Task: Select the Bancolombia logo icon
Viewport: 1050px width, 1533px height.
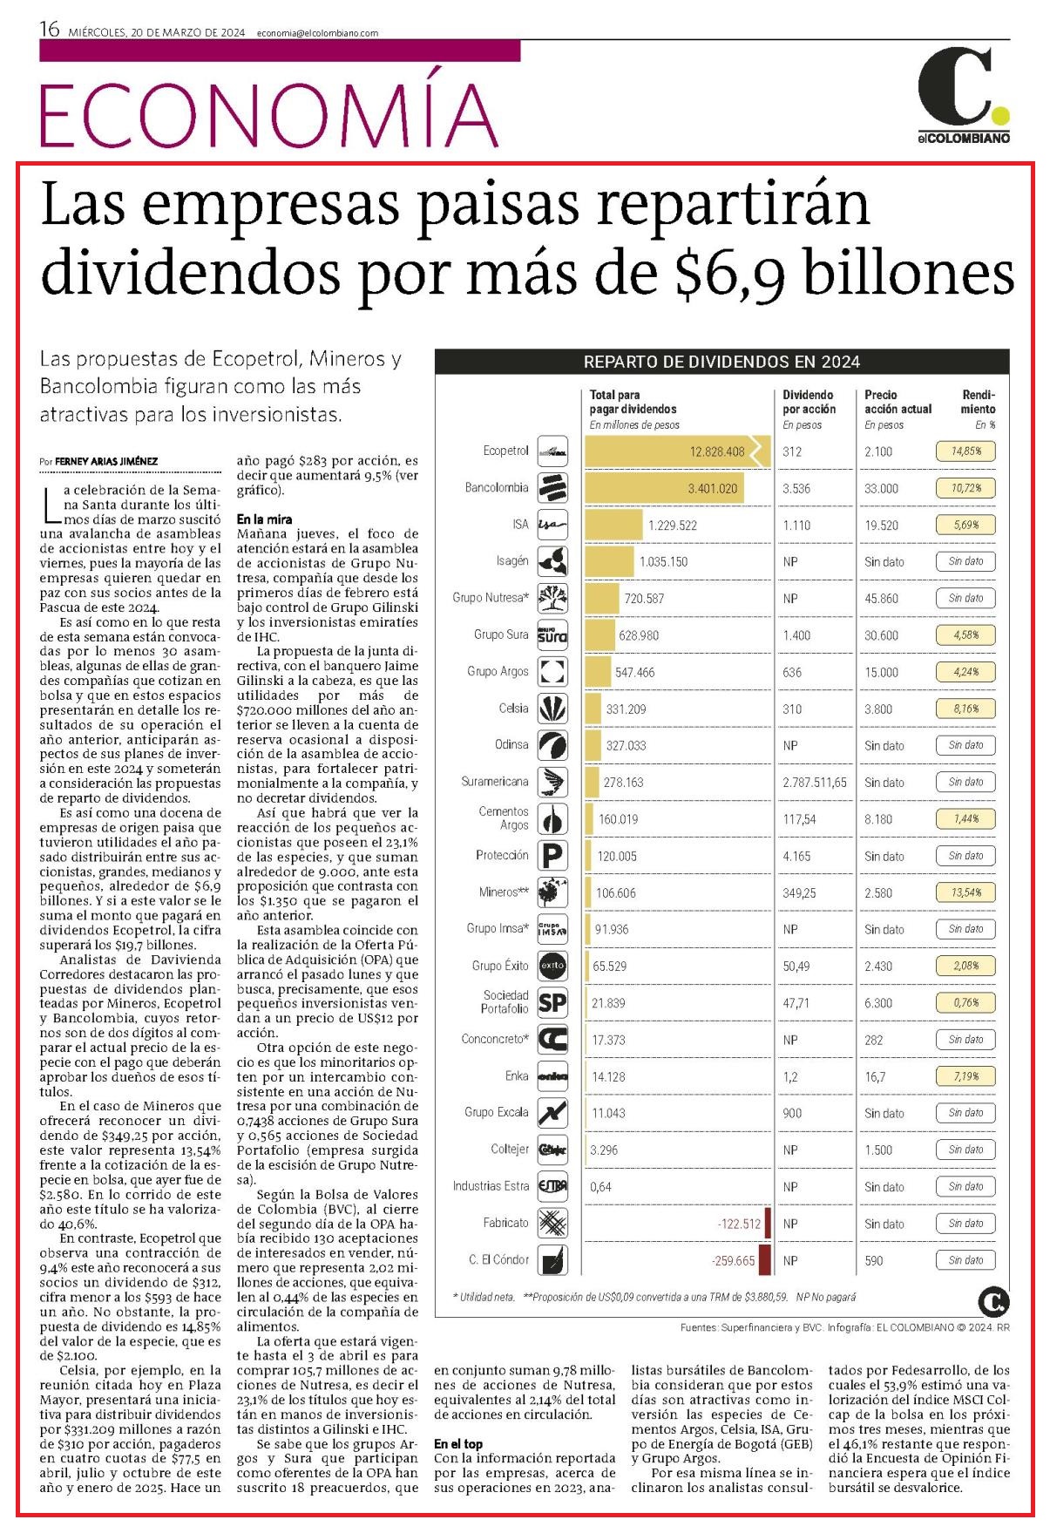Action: pyautogui.click(x=552, y=488)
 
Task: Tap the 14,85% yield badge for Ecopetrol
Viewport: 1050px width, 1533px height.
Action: pyautogui.click(x=965, y=451)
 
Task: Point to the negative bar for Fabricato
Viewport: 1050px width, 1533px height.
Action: pyautogui.click(x=768, y=1224)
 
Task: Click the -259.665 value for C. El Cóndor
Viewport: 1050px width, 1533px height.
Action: pyautogui.click(x=733, y=1261)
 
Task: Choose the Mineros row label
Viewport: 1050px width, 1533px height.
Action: pyautogui.click(x=504, y=892)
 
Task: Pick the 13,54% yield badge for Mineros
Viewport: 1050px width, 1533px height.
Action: pyautogui.click(x=965, y=892)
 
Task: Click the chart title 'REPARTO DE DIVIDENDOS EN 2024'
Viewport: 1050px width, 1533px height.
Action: pyautogui.click(x=721, y=362)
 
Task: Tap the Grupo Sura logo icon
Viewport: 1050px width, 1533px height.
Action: pyautogui.click(x=552, y=635)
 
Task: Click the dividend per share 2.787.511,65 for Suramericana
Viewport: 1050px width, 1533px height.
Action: pyautogui.click(x=815, y=783)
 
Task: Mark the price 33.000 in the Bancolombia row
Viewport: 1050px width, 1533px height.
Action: pyautogui.click(x=881, y=489)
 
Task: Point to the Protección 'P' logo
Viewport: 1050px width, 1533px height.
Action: pyautogui.click(x=552, y=856)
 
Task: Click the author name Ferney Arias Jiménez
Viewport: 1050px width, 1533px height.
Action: pyautogui.click(x=105, y=461)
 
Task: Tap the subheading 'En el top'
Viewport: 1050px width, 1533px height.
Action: pyautogui.click(x=458, y=1444)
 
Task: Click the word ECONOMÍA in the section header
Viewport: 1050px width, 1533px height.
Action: pyautogui.click(x=268, y=114)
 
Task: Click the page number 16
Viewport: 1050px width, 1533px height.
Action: pyautogui.click(x=50, y=30)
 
